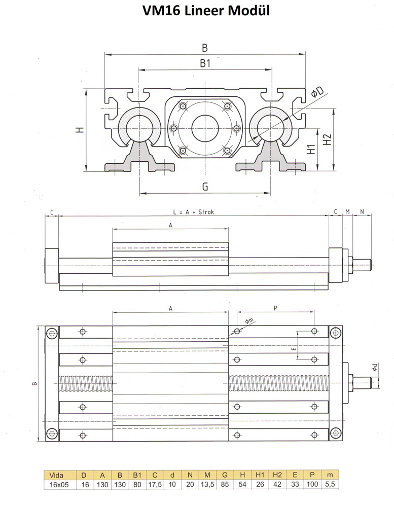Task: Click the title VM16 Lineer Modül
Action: (x=206, y=11)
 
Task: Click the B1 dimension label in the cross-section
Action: (x=205, y=63)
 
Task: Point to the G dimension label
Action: (x=205, y=187)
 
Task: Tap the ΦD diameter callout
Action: (x=317, y=92)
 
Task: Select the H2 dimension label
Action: (x=328, y=140)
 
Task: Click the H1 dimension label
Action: (x=310, y=150)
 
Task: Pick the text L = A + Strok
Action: (x=193, y=212)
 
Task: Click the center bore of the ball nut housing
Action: (x=205, y=128)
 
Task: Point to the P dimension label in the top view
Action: (x=275, y=308)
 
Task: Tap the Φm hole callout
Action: (x=249, y=321)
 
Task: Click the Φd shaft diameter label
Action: (x=374, y=367)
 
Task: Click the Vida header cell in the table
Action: (x=56, y=476)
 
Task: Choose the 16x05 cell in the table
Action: (x=59, y=484)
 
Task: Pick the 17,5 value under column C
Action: (x=155, y=484)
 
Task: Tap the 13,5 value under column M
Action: (x=207, y=484)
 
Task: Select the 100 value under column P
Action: (x=312, y=484)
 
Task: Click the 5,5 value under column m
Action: (x=330, y=484)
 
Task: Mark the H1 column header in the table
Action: (x=260, y=476)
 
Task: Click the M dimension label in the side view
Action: (x=347, y=212)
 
